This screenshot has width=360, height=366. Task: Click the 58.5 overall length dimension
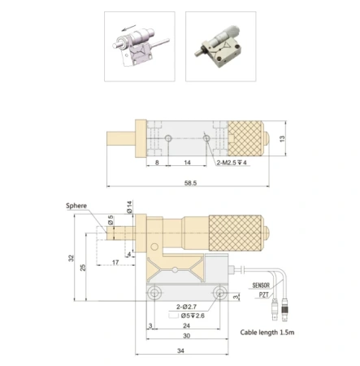[190, 183]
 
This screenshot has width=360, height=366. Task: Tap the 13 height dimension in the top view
[282, 138]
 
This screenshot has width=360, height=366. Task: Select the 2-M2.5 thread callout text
[232, 163]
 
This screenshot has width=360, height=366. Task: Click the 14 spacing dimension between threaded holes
[187, 163]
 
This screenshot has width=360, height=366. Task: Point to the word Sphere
[76, 206]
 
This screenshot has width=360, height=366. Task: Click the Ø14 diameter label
[129, 207]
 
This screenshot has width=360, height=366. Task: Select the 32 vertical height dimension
[71, 258]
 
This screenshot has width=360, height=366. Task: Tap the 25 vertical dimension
[83, 268]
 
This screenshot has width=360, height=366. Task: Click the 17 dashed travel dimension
[115, 263]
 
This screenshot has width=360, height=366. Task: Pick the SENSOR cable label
[261, 285]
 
